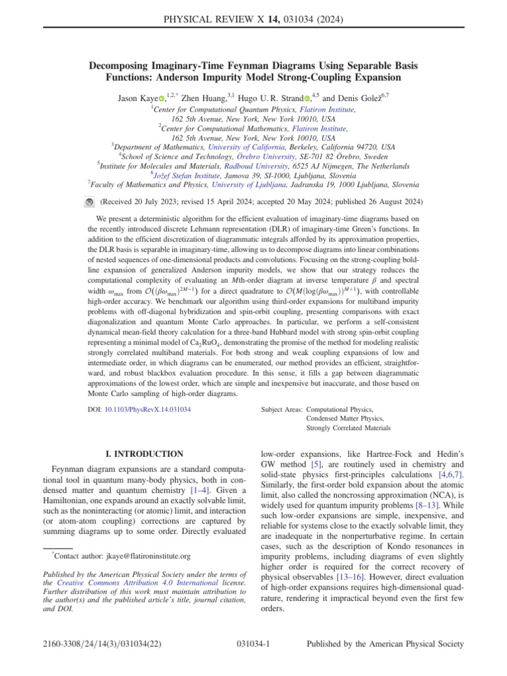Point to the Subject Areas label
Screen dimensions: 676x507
(x=282, y=409)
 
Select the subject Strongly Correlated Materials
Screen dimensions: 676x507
(x=348, y=428)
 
